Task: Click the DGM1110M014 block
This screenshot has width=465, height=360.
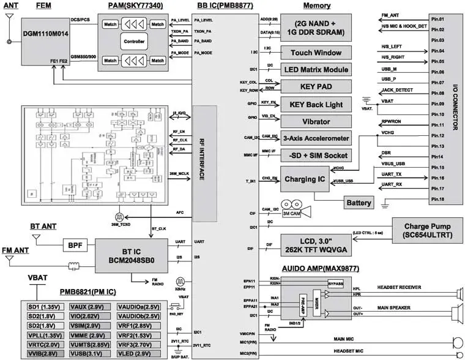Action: click(46, 40)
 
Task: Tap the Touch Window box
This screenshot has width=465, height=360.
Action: click(316, 53)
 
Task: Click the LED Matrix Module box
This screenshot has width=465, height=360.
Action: click(316, 70)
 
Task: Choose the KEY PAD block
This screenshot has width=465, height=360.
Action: click(316, 86)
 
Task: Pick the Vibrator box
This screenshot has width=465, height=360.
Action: click(316, 121)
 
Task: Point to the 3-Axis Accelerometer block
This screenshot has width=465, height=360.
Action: click(316, 138)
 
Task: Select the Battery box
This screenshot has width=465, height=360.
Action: click(359, 203)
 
